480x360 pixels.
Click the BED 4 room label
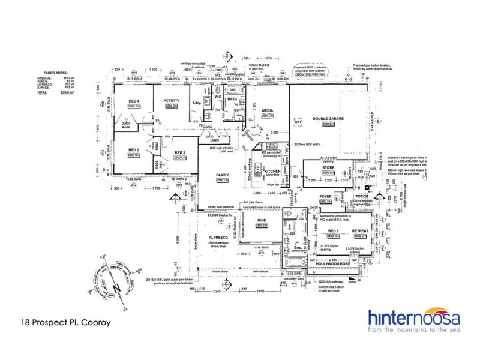(x=134, y=101)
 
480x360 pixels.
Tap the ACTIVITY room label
(x=172, y=101)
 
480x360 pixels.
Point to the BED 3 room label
(x=181, y=153)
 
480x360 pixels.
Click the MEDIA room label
(x=268, y=110)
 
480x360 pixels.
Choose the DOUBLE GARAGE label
(x=328, y=119)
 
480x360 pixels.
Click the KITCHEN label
(x=273, y=172)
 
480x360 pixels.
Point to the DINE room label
(x=262, y=221)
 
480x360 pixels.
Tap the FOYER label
(x=326, y=196)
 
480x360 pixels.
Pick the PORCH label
(x=361, y=196)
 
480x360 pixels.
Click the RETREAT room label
(x=360, y=230)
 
